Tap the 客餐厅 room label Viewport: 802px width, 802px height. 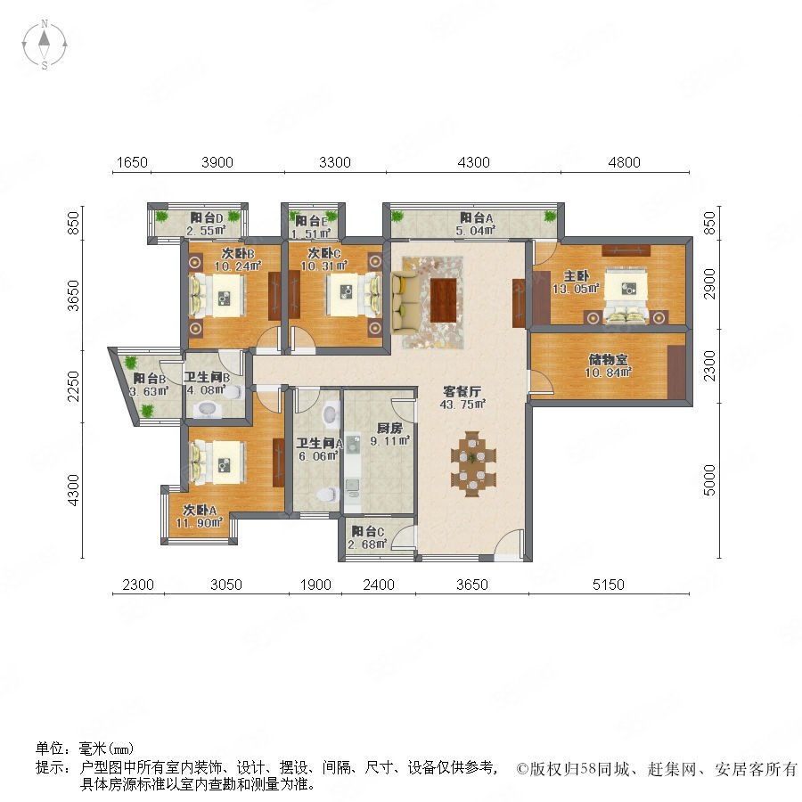tap(462, 392)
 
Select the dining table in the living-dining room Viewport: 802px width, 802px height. tap(473, 464)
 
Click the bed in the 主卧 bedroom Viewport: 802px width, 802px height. tap(626, 297)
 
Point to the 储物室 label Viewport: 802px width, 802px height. tap(608, 360)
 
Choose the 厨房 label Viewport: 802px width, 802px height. tap(389, 428)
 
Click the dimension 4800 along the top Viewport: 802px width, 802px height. tap(624, 162)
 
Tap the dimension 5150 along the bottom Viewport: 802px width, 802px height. tap(608, 585)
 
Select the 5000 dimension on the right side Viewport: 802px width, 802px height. tap(709, 480)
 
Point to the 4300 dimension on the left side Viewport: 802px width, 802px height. tap(74, 490)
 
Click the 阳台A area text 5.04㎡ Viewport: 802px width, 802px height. tap(475, 231)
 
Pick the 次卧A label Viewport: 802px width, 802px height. tap(200, 510)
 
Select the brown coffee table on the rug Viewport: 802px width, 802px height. tap(444, 300)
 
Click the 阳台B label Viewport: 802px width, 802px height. tap(150, 379)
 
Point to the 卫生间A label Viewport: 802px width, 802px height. tap(319, 443)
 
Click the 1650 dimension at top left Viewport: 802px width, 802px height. tap(132, 162)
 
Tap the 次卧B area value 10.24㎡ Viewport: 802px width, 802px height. tap(238, 266)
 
